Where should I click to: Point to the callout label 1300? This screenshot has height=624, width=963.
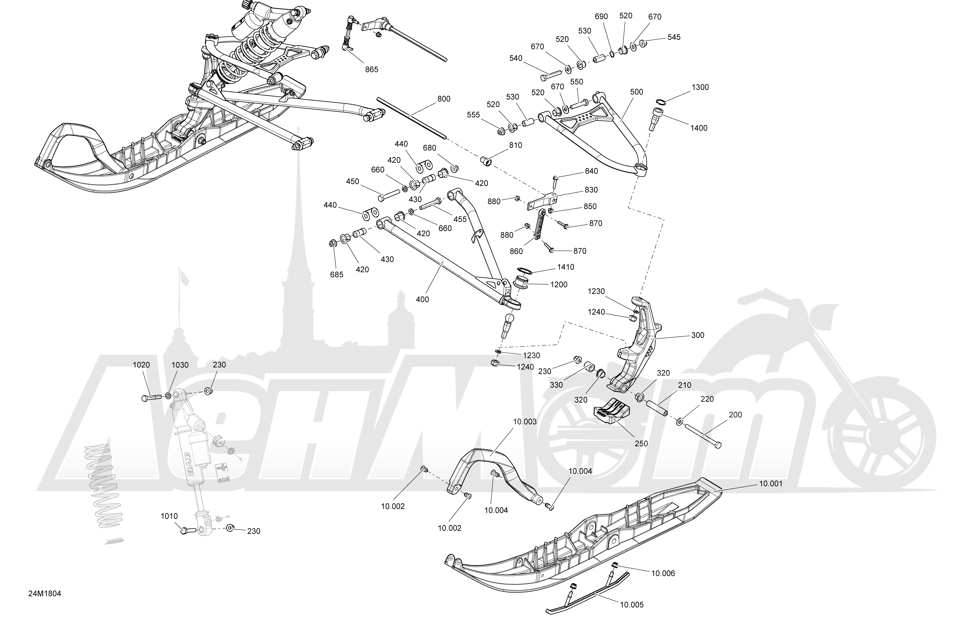(x=700, y=87)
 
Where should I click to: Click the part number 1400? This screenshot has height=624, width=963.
(x=699, y=128)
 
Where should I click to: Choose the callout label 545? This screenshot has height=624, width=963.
(x=674, y=37)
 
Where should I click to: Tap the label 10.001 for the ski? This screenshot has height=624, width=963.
(x=770, y=484)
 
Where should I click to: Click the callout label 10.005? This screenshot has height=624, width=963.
(x=631, y=605)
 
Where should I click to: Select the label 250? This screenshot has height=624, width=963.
(x=641, y=444)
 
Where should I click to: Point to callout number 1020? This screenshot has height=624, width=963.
(x=141, y=365)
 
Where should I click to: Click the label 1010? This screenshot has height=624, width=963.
(x=169, y=517)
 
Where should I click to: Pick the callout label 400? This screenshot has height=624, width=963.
(x=422, y=300)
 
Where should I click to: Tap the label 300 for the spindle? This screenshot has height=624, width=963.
(x=697, y=335)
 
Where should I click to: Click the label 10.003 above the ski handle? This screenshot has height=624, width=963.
(x=525, y=422)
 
